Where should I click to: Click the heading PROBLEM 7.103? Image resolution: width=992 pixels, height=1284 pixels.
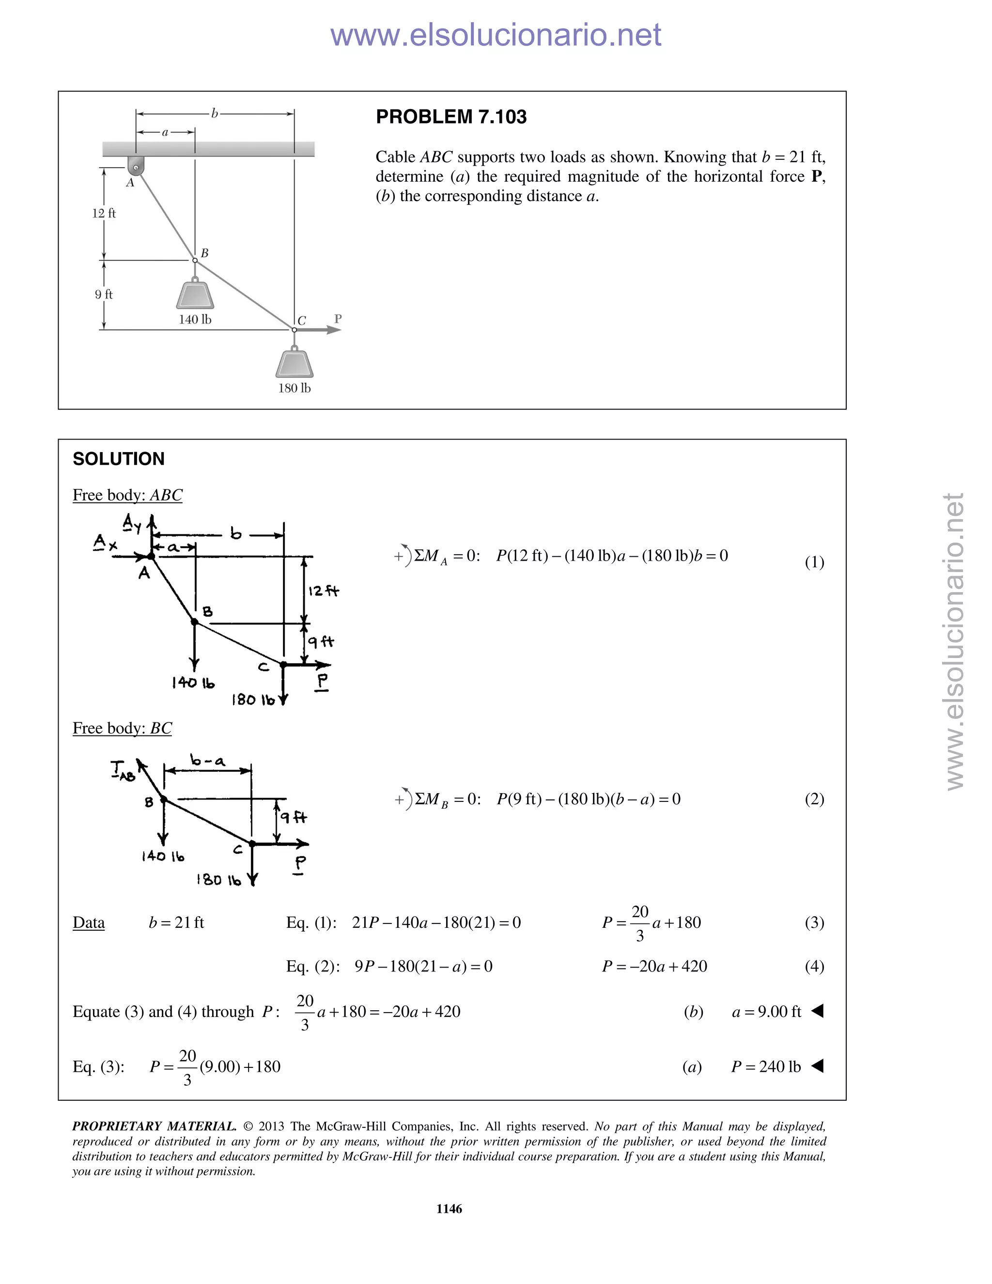[451, 117]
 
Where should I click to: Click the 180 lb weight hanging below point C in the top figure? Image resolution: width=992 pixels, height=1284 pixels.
[294, 364]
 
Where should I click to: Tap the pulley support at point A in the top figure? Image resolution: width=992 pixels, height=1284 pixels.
[136, 165]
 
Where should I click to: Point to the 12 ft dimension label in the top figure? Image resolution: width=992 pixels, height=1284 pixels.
[104, 213]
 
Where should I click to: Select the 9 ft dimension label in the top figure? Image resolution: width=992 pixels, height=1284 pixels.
[104, 295]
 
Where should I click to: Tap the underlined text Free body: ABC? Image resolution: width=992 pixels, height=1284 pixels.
[127, 495]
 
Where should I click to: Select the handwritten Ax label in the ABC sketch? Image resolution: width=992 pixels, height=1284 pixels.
[105, 542]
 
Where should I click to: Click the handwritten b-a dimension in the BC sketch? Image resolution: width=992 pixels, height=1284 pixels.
[207, 761]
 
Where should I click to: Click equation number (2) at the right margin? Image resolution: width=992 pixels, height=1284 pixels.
[814, 799]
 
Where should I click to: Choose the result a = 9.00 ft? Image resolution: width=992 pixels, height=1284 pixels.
[766, 1012]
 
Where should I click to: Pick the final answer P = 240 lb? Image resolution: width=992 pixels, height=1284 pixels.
[765, 1066]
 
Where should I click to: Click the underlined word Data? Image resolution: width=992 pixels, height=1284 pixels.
[89, 923]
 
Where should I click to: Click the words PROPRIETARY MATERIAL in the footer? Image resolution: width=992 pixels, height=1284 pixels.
[154, 1127]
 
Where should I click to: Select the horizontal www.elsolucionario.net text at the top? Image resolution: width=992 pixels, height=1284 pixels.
[496, 35]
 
